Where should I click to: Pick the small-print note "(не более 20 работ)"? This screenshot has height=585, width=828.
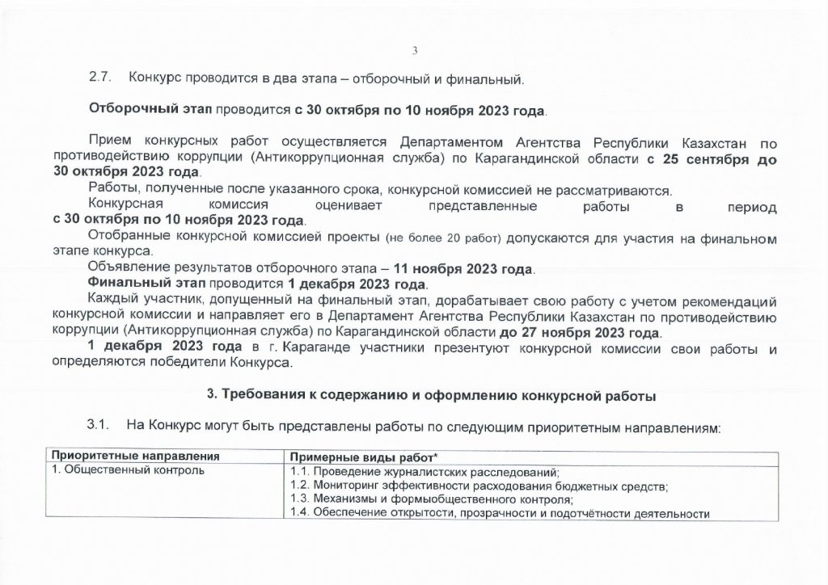[x=436, y=238]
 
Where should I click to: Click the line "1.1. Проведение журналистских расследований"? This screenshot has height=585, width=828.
[x=425, y=472]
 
